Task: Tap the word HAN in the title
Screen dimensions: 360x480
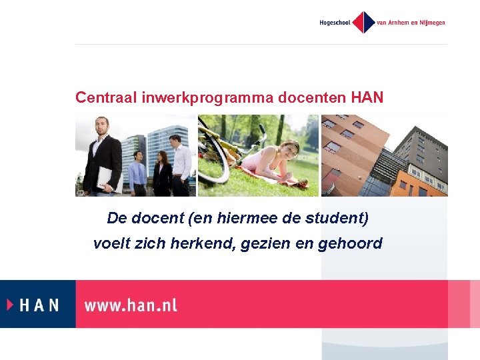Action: point(367,97)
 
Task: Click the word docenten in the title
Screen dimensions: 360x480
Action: point(312,97)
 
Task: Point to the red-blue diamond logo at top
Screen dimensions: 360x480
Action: point(363,22)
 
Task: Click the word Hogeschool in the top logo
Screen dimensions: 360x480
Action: point(335,23)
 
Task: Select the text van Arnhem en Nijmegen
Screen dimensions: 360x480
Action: point(411,23)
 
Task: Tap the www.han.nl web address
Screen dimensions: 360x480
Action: point(131,305)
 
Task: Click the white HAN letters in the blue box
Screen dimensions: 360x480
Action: point(39,305)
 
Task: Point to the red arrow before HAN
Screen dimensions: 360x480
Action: point(10,305)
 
